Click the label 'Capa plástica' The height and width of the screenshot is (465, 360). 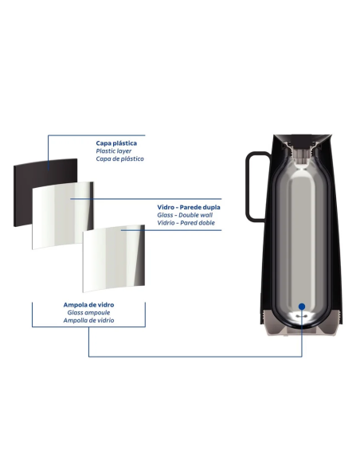116,143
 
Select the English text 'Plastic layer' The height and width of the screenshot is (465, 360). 114,151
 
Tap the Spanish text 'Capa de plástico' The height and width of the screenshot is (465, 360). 119,158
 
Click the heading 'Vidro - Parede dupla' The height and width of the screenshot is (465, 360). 189,207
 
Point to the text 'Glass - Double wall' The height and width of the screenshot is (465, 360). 185,215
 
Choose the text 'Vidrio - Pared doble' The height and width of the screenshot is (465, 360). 186,223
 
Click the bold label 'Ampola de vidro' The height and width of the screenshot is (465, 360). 88,305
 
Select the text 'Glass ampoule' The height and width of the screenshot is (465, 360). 88,312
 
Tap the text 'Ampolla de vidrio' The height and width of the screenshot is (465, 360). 88,320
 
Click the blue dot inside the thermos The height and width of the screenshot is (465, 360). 302,307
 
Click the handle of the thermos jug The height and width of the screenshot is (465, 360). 248,187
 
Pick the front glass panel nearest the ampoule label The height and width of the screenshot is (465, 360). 114,259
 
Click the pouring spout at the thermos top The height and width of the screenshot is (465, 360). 302,139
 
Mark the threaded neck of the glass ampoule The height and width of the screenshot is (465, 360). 302,154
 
